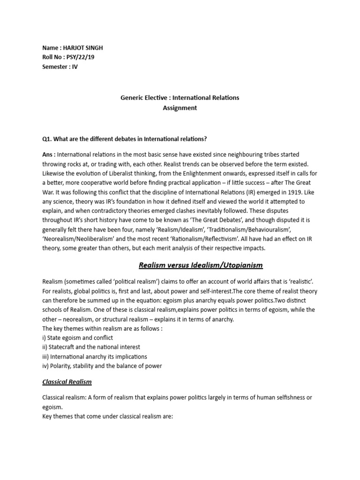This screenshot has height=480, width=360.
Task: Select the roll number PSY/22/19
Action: [x=81, y=57]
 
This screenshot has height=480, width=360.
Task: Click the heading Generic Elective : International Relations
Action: [x=180, y=97]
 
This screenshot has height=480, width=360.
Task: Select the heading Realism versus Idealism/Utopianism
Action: [x=201, y=265]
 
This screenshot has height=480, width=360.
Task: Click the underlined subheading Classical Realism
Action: [x=67, y=382]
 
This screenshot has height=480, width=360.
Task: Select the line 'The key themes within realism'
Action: [x=102, y=328]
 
